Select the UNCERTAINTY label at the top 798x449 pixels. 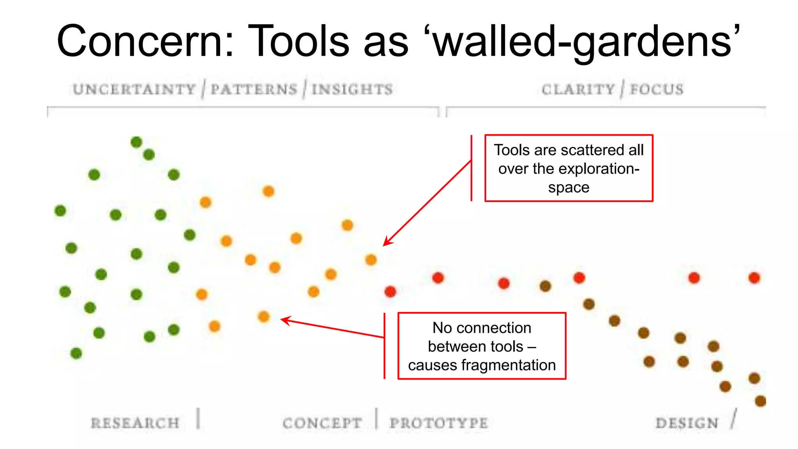click(134, 89)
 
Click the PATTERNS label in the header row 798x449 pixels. click(254, 89)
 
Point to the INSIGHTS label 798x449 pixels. click(352, 89)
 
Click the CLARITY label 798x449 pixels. click(578, 89)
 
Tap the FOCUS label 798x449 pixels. click(657, 89)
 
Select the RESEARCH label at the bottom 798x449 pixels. click(135, 423)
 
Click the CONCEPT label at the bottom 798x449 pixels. click(322, 423)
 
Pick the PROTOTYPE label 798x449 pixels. click(439, 423)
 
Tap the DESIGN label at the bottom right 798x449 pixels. click(687, 423)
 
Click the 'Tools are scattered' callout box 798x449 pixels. click(568, 168)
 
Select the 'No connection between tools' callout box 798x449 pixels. click(482, 346)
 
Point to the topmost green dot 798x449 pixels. click(136, 142)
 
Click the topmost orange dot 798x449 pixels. click(268, 191)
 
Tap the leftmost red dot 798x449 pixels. click(390, 292)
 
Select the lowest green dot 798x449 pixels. click(76, 353)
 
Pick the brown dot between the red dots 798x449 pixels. click(545, 286)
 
